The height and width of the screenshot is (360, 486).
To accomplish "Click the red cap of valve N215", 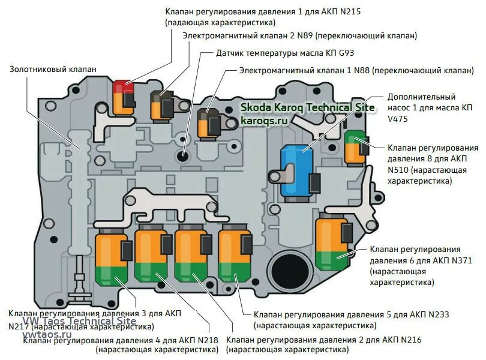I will [124, 86].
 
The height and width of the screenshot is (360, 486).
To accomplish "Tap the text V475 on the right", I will [398, 119].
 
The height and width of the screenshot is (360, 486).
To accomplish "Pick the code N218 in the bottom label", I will [206, 340].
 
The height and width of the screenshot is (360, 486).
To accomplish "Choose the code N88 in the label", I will [361, 70].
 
